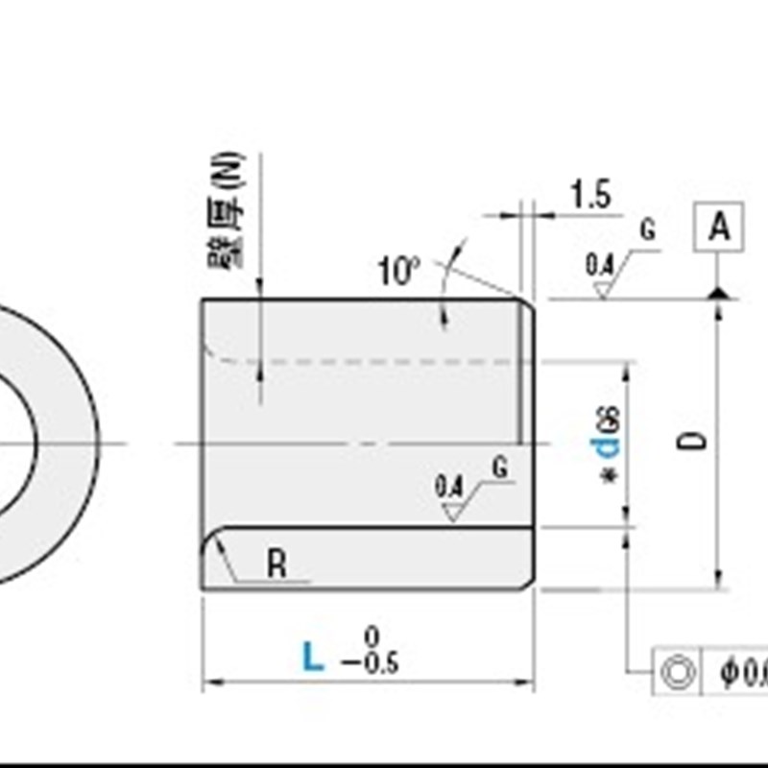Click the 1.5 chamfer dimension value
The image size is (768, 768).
coord(590,195)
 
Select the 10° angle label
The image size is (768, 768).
coord(398,272)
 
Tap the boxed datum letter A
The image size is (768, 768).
coord(719,228)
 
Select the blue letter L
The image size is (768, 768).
coord(313,658)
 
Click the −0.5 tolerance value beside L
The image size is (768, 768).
coord(373,663)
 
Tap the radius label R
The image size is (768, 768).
coord(276,564)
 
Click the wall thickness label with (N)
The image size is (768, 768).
coord(227,212)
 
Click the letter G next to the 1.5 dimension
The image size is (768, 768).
coord(648,230)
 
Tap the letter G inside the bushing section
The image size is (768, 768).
coord(499,468)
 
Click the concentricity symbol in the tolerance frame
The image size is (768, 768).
coord(679,672)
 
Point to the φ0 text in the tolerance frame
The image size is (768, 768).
coord(743,672)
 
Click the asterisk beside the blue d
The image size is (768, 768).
coord(608,477)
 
